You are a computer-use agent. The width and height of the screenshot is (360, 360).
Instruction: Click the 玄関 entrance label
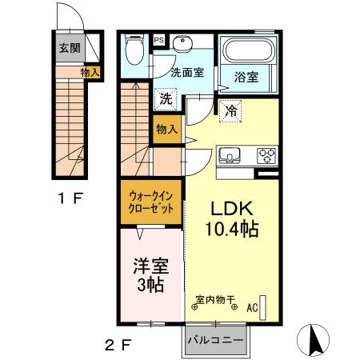[68, 47]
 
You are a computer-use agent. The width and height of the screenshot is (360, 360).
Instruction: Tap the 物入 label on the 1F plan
[90, 73]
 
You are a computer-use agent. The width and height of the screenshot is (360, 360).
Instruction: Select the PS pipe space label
[158, 39]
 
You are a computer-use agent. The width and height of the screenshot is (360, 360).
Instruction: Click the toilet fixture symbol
[134, 54]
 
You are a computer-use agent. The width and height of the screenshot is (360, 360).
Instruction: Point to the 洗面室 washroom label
[186, 73]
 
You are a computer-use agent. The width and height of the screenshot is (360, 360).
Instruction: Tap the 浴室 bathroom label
[246, 77]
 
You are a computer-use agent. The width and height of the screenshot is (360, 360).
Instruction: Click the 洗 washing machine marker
[165, 99]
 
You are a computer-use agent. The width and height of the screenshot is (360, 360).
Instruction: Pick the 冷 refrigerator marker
[230, 110]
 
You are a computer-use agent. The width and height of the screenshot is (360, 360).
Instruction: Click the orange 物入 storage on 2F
[167, 128]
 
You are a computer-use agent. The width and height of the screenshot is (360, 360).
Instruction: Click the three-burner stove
[265, 154]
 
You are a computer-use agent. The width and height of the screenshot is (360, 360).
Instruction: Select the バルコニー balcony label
[215, 339]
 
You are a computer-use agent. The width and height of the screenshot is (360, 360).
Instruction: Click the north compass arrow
[314, 338]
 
